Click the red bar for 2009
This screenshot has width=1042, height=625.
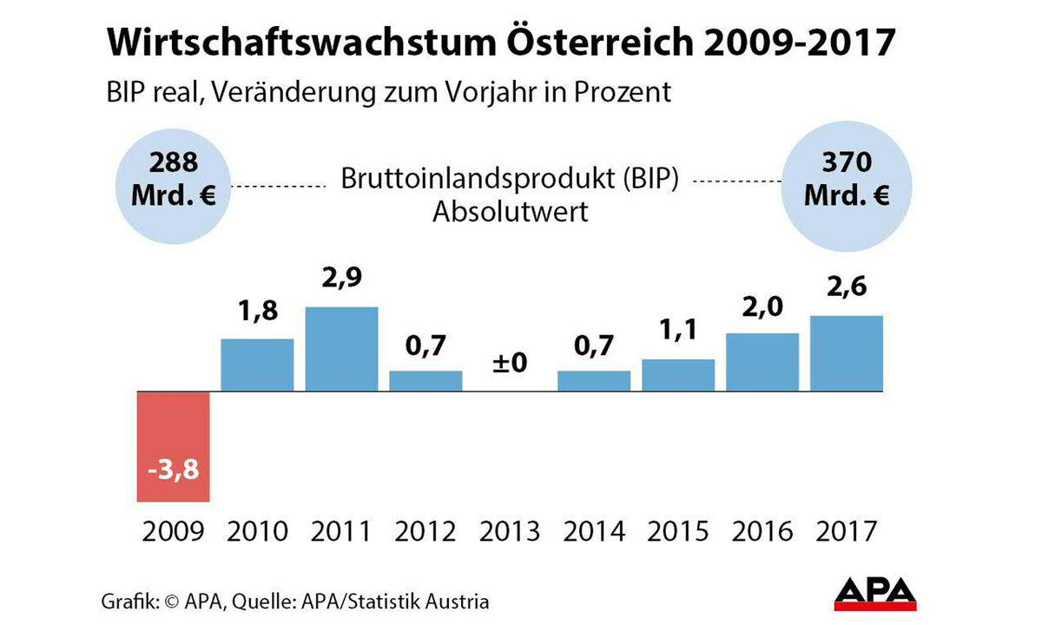click(173, 446)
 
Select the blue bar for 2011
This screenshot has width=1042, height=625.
click(341, 349)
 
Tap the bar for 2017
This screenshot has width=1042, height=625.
click(847, 353)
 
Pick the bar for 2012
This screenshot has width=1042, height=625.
click(425, 381)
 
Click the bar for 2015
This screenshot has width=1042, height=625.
click(678, 375)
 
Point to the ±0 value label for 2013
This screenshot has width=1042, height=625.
click(510, 362)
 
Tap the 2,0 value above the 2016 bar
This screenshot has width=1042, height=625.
click(762, 307)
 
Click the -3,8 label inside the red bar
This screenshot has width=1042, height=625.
click(173, 474)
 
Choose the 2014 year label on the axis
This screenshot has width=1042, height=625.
click(594, 530)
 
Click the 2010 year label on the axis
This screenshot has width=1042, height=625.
click(257, 530)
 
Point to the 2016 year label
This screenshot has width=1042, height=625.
click(762, 530)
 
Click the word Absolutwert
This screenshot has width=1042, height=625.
click(510, 211)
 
